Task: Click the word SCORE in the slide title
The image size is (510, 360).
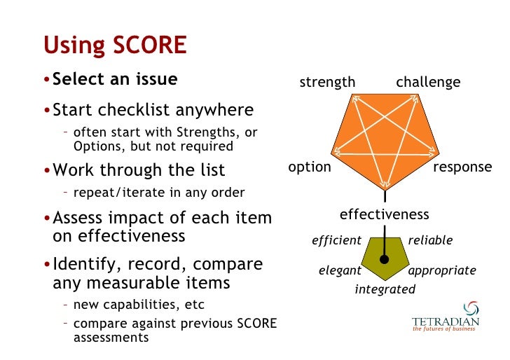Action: click(147, 46)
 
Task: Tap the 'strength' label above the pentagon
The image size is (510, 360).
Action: click(327, 83)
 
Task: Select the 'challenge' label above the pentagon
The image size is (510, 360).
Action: click(428, 83)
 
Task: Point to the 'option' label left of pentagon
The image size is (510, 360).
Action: click(310, 167)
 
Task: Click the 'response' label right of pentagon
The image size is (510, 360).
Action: click(462, 167)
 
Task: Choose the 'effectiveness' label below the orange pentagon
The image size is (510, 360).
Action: click(384, 214)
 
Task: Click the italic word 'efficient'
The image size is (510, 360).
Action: click(336, 241)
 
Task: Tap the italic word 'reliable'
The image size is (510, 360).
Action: click(430, 241)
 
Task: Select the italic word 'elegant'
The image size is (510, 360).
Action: click(340, 270)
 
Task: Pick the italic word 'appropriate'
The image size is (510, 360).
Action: click(441, 270)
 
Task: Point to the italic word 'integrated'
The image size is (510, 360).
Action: click(385, 289)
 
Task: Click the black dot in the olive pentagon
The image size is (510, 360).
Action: click(384, 260)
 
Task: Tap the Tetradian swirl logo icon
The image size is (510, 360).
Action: click(471, 308)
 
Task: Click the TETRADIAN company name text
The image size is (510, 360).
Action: click(446, 321)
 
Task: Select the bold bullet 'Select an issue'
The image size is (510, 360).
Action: click(115, 79)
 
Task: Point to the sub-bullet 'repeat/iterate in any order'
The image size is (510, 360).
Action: click(159, 193)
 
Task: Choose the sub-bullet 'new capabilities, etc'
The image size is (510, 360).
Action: click(139, 305)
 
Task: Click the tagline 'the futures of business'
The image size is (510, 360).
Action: click(444, 328)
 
